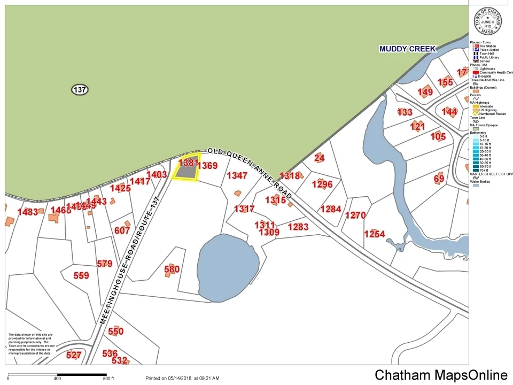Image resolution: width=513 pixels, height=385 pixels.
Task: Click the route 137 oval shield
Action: click(x=80, y=90)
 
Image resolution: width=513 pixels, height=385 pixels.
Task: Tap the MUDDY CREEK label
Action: click(x=407, y=49)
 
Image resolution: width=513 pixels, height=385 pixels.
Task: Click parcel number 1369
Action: click(x=207, y=166)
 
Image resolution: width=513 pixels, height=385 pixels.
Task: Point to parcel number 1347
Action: click(x=237, y=175)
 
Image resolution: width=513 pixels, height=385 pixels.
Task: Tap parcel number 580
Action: click(x=172, y=269)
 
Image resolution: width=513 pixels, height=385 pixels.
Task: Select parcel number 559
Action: click(x=81, y=275)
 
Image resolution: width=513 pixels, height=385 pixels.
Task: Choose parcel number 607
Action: click(x=122, y=230)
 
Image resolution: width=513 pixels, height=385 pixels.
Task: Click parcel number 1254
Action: click(x=375, y=234)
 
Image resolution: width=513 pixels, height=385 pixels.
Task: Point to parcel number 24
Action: click(x=320, y=158)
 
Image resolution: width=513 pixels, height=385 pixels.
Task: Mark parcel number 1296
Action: click(x=322, y=184)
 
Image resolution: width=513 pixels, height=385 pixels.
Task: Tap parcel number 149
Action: click(x=425, y=92)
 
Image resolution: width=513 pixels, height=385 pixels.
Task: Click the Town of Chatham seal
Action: click(x=488, y=21)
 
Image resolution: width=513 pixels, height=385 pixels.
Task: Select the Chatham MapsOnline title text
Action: click(x=441, y=375)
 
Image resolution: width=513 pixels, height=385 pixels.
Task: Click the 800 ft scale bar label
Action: click(x=109, y=379)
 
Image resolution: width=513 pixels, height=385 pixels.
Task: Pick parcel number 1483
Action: click(x=28, y=212)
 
